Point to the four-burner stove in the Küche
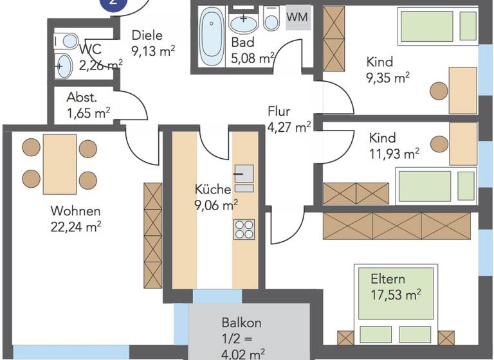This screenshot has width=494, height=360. pos(244,229)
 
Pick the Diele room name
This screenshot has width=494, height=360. pos(147,36)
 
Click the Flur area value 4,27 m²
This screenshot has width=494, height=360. pos(289,127)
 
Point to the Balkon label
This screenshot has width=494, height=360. pos(241,323)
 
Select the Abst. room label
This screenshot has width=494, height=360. pos(82,98)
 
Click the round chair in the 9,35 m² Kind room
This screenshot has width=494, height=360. pos(439,90)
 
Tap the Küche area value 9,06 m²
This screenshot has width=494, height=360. pos(216,205)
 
